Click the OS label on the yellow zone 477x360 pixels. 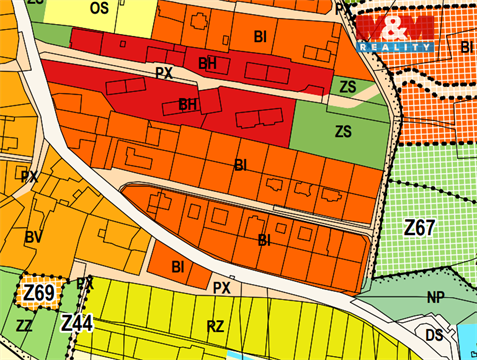[x=98, y=8]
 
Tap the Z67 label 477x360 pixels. [x=421, y=228]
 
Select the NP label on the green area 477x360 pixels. [x=434, y=297]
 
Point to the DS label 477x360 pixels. [x=434, y=334]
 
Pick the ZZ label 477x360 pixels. [x=24, y=326]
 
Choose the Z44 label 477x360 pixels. [x=76, y=323]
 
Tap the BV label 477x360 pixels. [x=33, y=237]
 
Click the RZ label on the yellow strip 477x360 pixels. [x=214, y=326]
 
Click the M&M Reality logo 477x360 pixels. [x=396, y=34]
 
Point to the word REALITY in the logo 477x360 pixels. [x=396, y=46]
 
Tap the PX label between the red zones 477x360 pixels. [x=165, y=72]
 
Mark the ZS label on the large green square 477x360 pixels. [x=344, y=131]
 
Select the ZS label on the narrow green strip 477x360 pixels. [x=346, y=87]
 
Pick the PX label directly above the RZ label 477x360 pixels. [x=221, y=287]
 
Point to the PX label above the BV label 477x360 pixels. [x=29, y=175]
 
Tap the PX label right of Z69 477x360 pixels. [x=85, y=284]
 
